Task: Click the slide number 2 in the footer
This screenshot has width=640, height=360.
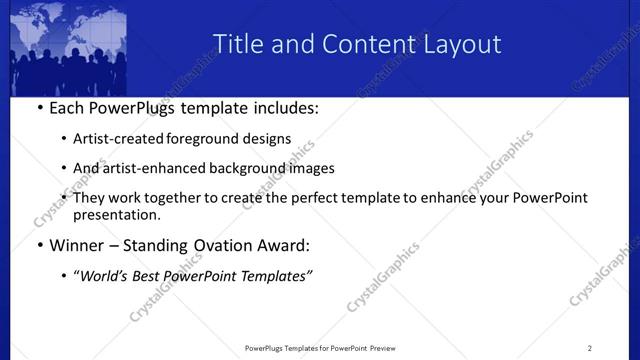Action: tap(590, 348)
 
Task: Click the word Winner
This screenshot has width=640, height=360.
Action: tap(77, 245)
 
